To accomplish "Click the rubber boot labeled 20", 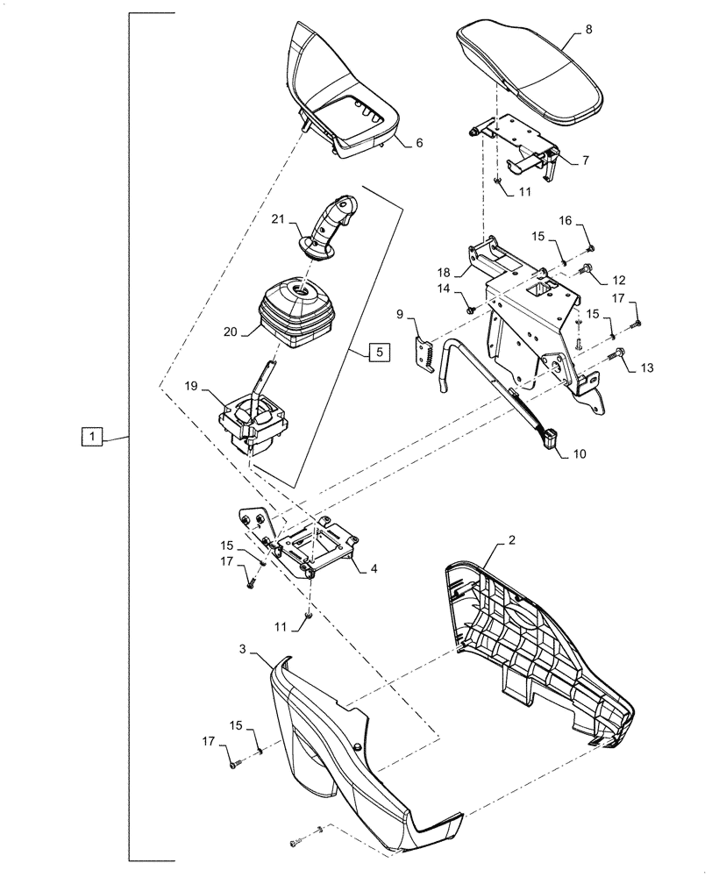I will pyautogui.click(x=294, y=314).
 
